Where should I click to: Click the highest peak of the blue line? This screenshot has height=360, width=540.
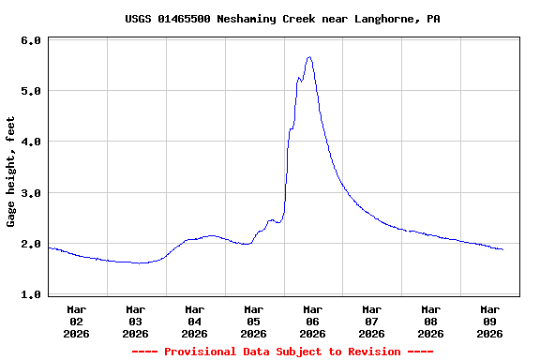coord(308,57)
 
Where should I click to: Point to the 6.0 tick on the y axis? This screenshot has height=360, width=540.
coord(30,40)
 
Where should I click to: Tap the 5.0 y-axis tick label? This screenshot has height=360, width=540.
coord(30,91)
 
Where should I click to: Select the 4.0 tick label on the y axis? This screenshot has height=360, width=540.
coord(30,142)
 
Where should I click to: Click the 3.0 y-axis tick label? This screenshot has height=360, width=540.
coord(30,193)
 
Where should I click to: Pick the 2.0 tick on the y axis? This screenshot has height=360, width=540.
coord(30,244)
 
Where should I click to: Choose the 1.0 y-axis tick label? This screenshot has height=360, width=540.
coord(30,294)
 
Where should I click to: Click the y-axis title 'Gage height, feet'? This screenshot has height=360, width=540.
coord(11,172)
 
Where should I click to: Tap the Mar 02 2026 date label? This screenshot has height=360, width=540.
coord(77,321)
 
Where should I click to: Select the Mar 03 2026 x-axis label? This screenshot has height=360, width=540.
coord(136,321)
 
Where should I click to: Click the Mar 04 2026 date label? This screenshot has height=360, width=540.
coord(195,321)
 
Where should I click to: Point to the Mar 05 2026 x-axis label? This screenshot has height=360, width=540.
coord(254,321)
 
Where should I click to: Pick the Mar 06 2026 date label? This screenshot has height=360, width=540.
coord(313,321)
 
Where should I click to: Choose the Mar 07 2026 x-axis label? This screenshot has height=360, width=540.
coord(372,321)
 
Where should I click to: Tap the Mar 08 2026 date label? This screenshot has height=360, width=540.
coord(431,321)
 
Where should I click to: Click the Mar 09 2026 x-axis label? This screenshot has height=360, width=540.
coord(490,321)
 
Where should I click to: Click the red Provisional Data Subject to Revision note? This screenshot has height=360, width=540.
coord(282,352)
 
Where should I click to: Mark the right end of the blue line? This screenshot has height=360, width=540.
coord(503,249)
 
